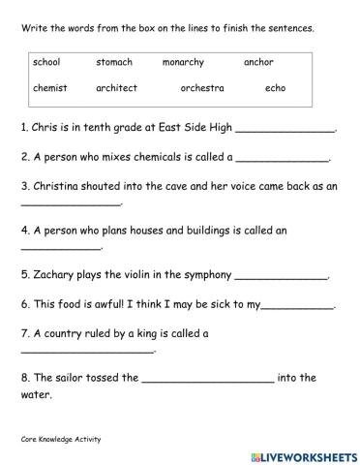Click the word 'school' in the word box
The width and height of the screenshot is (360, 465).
coord(46,63)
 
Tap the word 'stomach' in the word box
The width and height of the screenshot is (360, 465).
coord(114,63)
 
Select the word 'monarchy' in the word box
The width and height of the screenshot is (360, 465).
coord(184,63)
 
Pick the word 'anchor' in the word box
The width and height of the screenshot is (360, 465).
coord(258,63)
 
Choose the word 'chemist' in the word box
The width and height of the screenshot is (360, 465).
coord(49,88)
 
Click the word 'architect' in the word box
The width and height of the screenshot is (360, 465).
coord(116,88)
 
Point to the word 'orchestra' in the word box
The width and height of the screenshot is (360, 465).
coord(201,88)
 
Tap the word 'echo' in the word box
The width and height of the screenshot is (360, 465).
coord(275,88)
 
